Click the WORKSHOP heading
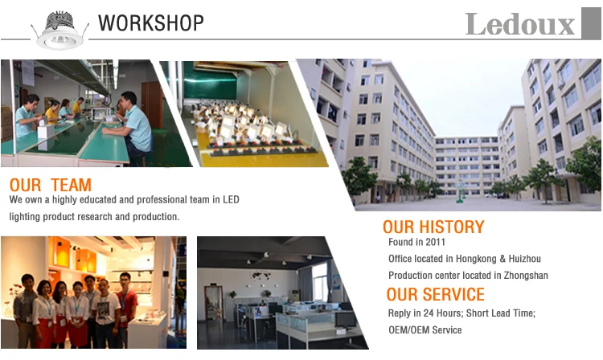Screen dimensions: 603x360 151,23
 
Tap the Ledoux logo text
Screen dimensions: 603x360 520,24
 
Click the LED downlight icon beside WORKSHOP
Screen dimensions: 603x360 60,31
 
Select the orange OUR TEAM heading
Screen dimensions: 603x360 51,185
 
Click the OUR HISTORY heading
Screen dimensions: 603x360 433,227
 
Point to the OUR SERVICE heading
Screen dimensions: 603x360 435,294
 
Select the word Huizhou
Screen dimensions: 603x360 524,259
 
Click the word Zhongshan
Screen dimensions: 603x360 526,276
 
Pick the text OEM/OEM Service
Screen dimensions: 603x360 425,330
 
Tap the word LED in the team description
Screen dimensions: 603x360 231,200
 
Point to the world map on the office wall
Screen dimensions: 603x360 260,276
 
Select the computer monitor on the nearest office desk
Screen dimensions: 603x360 345,320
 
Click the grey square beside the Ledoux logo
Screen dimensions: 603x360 591,23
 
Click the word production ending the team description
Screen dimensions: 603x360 156,217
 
